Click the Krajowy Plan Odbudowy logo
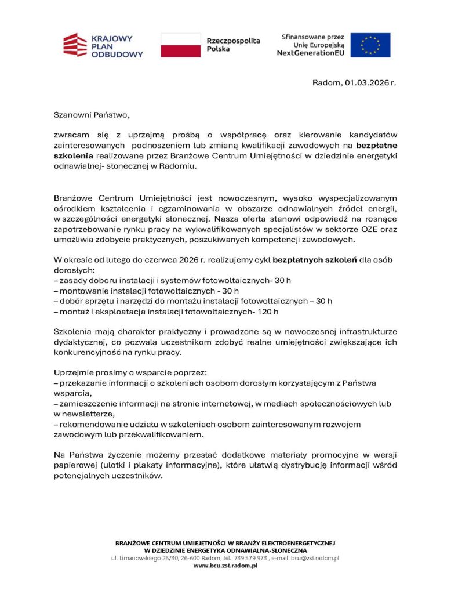point(103,45)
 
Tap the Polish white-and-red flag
point(180,45)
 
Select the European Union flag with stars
point(370,45)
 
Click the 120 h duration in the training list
point(268,311)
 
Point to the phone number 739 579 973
point(250,558)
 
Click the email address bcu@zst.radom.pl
point(314,558)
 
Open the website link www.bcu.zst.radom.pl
point(225,566)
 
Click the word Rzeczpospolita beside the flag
point(233,41)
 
